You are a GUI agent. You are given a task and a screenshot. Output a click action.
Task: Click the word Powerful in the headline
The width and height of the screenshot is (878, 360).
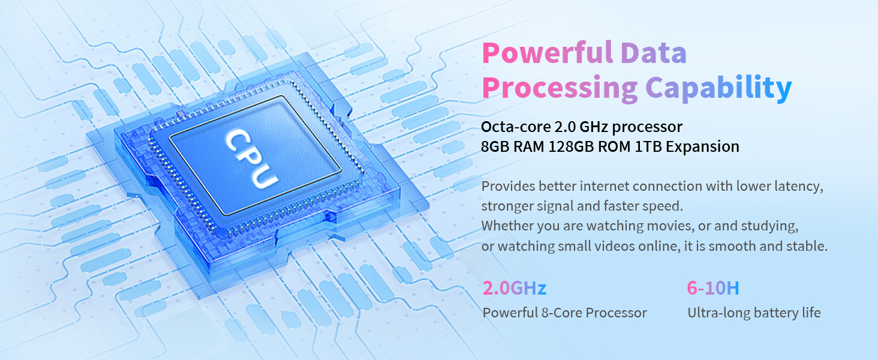[546, 53]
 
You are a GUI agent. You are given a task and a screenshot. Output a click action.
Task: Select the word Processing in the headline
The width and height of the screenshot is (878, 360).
[559, 88]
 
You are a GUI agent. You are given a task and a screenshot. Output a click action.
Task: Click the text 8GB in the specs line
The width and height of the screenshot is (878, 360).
[495, 147]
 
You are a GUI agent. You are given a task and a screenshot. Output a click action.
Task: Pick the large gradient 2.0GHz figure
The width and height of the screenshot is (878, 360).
[514, 289]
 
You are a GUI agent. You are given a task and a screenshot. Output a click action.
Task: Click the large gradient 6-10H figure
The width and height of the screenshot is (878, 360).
[712, 289]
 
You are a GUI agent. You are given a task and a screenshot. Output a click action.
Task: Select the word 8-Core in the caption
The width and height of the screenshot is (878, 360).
[560, 313]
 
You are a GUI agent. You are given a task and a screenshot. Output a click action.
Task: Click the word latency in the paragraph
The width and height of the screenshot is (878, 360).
[801, 187]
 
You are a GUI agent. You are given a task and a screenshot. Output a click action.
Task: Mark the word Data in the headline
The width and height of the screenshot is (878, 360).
[654, 53]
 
